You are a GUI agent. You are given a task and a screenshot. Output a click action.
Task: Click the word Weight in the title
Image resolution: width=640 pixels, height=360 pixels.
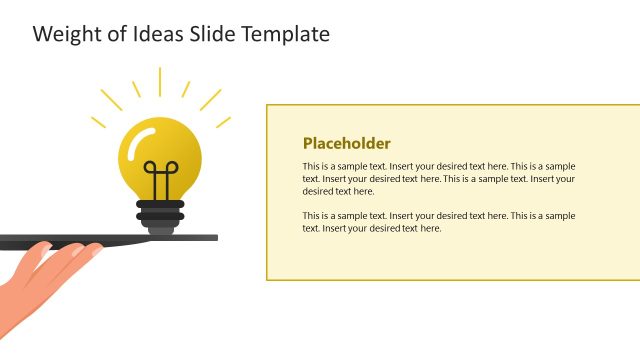64,34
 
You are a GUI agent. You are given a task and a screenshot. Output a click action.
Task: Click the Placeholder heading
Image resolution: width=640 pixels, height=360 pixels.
346,143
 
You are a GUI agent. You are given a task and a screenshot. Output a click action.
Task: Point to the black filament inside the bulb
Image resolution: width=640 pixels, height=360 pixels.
159,177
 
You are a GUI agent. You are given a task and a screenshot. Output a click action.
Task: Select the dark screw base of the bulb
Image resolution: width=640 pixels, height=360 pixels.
160,212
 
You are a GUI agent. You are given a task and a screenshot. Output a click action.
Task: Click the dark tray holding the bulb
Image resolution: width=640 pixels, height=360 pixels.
100,239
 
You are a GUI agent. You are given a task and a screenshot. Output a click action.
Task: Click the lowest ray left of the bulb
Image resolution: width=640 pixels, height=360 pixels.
98,122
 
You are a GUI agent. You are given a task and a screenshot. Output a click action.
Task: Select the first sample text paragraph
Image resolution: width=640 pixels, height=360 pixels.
438,178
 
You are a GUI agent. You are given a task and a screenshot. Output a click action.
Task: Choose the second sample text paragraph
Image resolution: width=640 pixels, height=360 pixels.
438,222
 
